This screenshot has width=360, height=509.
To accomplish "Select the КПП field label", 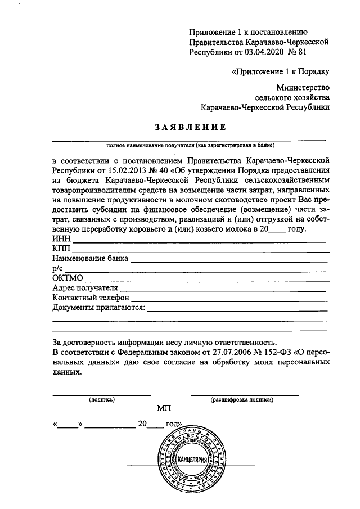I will [61, 249].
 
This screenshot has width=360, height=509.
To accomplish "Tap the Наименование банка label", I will [90, 259].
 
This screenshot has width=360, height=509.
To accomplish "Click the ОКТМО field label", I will [67, 278].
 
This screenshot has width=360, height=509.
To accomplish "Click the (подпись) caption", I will [102, 400].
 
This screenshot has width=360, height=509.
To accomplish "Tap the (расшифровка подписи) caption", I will [242, 400].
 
